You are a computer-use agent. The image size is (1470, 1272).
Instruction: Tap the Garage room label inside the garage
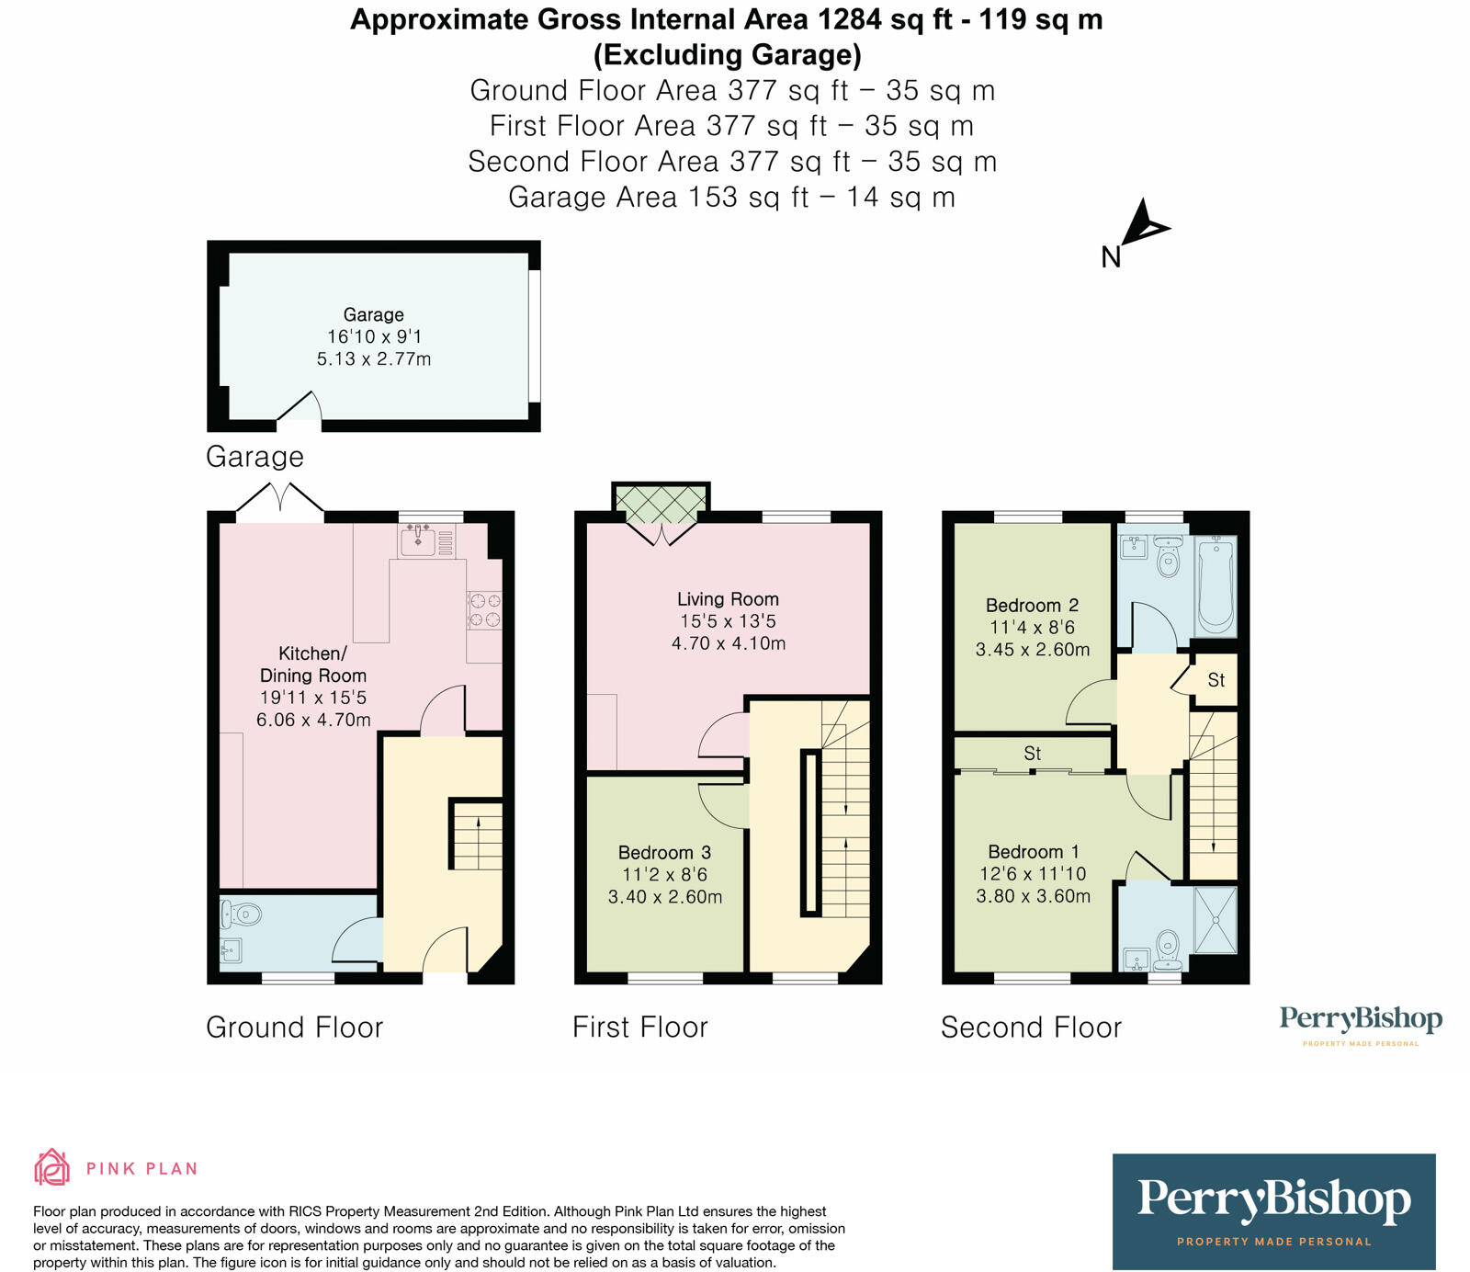pyautogui.click(x=373, y=314)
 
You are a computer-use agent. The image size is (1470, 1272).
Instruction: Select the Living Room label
pyautogui.click(x=728, y=599)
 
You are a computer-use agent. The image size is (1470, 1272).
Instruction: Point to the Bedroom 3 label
pyautogui.click(x=664, y=853)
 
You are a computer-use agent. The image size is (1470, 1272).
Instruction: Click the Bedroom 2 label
pyautogui.click(x=1032, y=606)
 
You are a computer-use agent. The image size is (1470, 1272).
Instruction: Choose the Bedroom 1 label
pyautogui.click(x=1034, y=852)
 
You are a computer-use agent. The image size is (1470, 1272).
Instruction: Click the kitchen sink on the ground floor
pyautogui.click(x=418, y=539)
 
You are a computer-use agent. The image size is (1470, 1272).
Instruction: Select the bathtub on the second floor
pyautogui.click(x=1216, y=586)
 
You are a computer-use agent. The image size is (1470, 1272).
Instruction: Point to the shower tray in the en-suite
pyautogui.click(x=1215, y=919)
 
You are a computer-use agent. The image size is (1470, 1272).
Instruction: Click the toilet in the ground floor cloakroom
pyautogui.click(x=242, y=914)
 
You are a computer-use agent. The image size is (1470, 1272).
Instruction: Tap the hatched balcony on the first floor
pyautogui.click(x=661, y=503)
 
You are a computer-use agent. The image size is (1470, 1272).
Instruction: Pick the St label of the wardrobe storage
pyautogui.click(x=1033, y=754)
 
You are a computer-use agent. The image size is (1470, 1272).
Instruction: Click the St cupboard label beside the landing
pyautogui.click(x=1216, y=680)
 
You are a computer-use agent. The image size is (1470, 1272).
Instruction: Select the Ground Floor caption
pyautogui.click(x=294, y=1028)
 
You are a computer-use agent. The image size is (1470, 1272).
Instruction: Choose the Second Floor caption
pyautogui.click(x=1031, y=1028)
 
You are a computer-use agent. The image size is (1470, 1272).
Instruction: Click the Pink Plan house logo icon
pyautogui.click(x=51, y=1168)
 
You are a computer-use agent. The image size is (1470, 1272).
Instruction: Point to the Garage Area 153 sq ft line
pyautogui.click(x=731, y=198)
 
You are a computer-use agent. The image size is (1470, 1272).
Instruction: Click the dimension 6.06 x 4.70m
pyautogui.click(x=313, y=720)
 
